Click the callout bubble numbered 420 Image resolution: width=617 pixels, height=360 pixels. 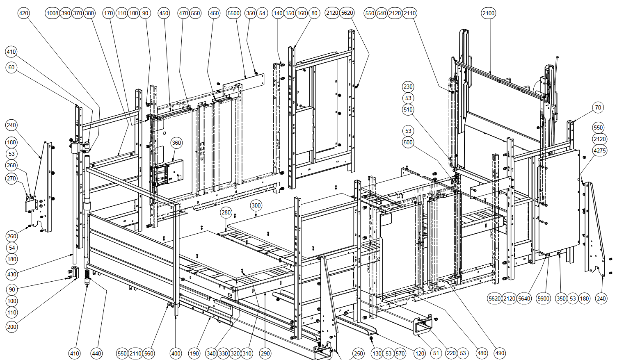(x=24, y=13)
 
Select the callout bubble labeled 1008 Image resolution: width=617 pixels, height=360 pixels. (x=53, y=13)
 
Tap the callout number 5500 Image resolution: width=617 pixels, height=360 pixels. (x=233, y=13)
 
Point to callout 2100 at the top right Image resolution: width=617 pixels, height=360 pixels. (x=488, y=13)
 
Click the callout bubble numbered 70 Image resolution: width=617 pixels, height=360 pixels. (x=598, y=108)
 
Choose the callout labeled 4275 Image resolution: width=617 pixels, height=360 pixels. (x=599, y=150)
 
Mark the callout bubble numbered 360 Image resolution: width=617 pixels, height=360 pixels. (x=176, y=143)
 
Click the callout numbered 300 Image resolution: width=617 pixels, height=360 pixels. (x=256, y=205)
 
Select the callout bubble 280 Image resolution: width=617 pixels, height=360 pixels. (x=226, y=212)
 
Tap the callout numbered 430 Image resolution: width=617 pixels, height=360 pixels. (x=12, y=274)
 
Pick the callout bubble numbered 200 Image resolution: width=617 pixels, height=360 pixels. (x=12, y=327)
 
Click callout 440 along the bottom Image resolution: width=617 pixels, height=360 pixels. (x=96, y=353)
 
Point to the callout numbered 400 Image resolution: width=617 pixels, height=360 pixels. (x=176, y=353)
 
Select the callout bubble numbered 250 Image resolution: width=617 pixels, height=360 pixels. (x=358, y=353)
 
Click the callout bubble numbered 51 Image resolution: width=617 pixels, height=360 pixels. (x=436, y=353)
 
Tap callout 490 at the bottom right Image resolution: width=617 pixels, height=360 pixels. (x=500, y=353)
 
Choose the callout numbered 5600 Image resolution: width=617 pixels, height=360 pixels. (x=543, y=298)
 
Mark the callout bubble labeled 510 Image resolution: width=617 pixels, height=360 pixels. (x=408, y=109)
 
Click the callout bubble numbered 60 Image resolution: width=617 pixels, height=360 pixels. (x=11, y=67)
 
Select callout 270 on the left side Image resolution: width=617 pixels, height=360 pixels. (x=11, y=178)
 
